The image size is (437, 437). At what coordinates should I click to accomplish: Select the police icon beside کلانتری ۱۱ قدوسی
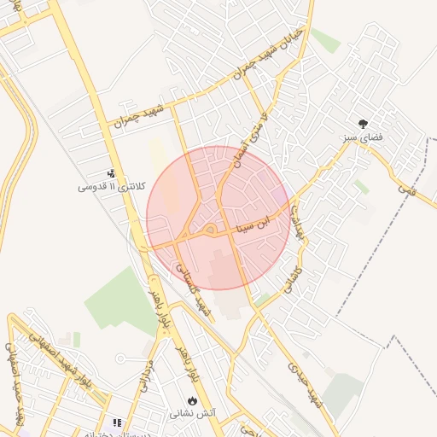tap(111, 173)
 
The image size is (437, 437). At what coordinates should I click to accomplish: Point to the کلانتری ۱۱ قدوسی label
tap(101, 186)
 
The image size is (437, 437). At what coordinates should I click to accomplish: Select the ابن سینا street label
tap(257, 224)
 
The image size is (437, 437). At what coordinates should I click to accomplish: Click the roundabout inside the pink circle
tap(209, 230)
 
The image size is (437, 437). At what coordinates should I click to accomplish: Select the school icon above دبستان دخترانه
tap(117, 422)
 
